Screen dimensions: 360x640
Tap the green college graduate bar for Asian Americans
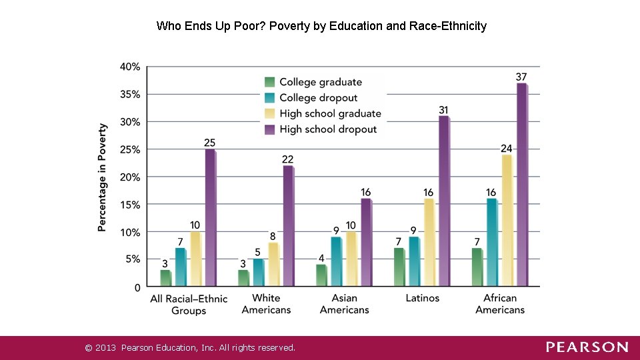321,276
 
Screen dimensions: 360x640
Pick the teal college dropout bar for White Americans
258,273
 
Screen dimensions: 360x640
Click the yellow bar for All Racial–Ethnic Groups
195,259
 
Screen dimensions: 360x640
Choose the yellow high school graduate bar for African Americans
507,221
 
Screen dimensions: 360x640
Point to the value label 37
521,77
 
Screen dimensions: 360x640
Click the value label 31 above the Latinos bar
443,110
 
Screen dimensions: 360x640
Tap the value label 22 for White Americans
287,159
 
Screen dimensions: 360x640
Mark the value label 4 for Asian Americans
321,258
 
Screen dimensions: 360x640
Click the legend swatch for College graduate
270,82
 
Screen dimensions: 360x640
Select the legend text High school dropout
328,129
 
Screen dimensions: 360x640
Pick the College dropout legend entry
318,98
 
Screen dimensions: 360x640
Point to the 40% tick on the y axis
129,67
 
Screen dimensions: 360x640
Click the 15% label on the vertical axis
129,205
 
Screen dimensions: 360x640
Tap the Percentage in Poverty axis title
102,177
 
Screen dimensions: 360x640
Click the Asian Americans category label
344,303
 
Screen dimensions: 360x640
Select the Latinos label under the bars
422,298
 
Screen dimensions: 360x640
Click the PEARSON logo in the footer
587,347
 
